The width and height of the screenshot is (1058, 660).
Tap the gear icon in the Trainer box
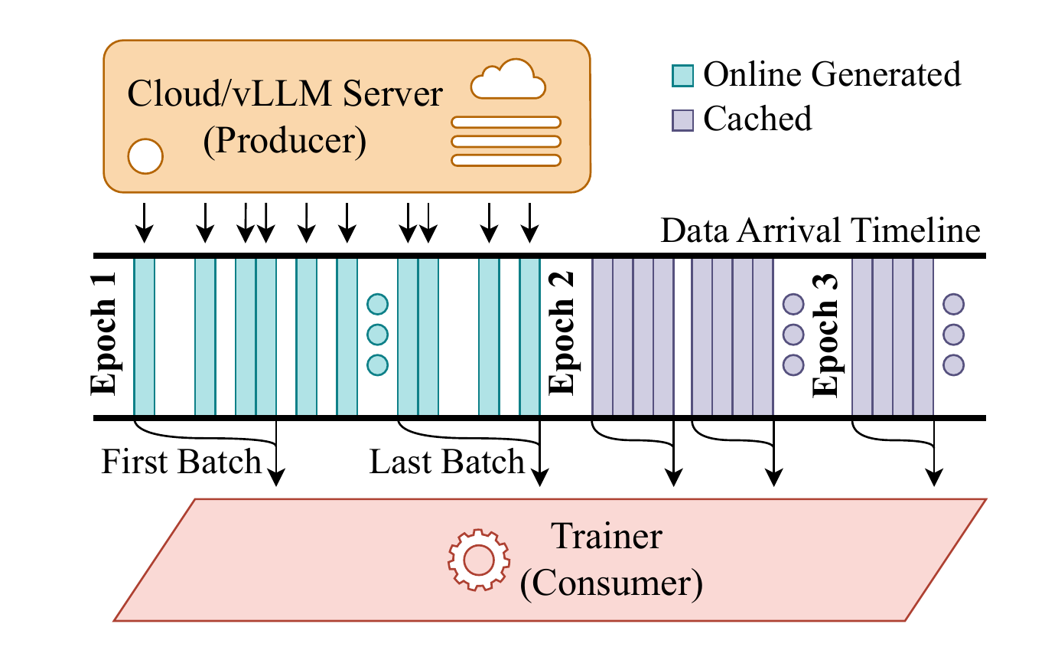pos(478,560)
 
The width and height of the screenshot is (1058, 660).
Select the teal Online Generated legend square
pos(683,75)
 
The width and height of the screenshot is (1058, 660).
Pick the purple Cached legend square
pos(683,119)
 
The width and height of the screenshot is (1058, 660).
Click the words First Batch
pos(181,463)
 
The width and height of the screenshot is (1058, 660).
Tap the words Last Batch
pos(447,463)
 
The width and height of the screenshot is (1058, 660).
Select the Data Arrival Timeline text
pos(820,232)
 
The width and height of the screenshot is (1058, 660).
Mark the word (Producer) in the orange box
pos(285,141)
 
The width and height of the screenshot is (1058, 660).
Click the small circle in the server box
pos(145,156)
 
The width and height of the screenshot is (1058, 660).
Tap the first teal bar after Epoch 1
pos(145,336)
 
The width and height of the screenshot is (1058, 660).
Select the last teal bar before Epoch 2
pos(529,336)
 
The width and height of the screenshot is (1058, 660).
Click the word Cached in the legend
pos(757,119)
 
